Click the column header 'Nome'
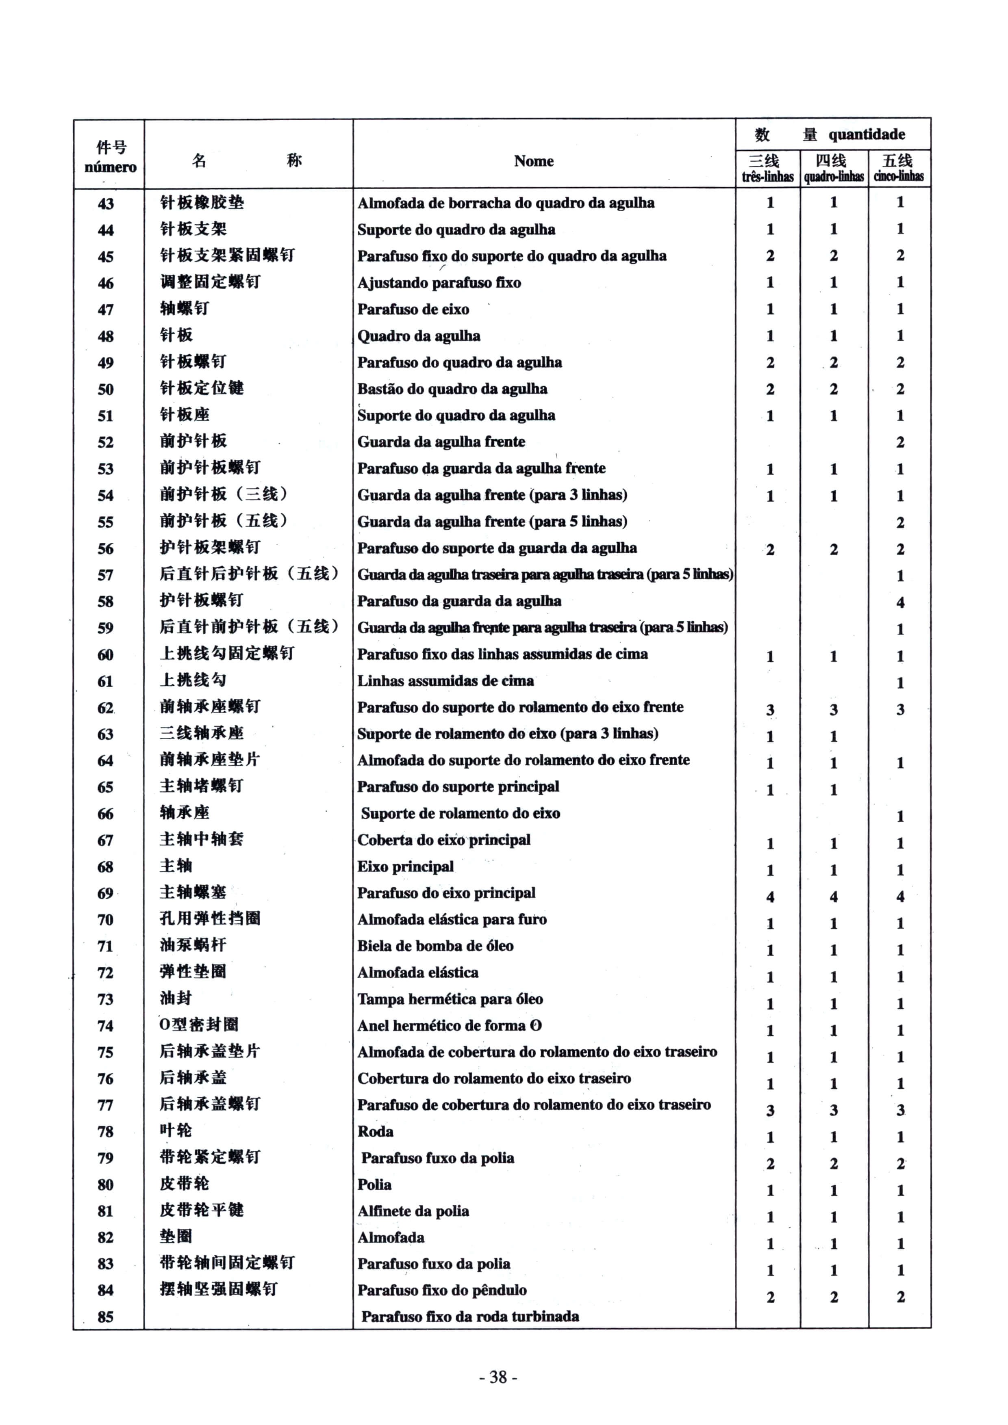534,161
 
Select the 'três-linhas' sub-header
768,177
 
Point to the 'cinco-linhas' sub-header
899,176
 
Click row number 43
106,204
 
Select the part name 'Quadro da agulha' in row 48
419,336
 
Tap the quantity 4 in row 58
900,602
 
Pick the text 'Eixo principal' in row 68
406,866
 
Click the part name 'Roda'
375,1131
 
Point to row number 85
106,1317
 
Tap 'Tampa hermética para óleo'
450,999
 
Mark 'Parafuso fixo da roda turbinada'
470,1317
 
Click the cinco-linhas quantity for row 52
900,442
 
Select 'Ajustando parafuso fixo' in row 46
439,283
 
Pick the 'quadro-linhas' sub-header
834,177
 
